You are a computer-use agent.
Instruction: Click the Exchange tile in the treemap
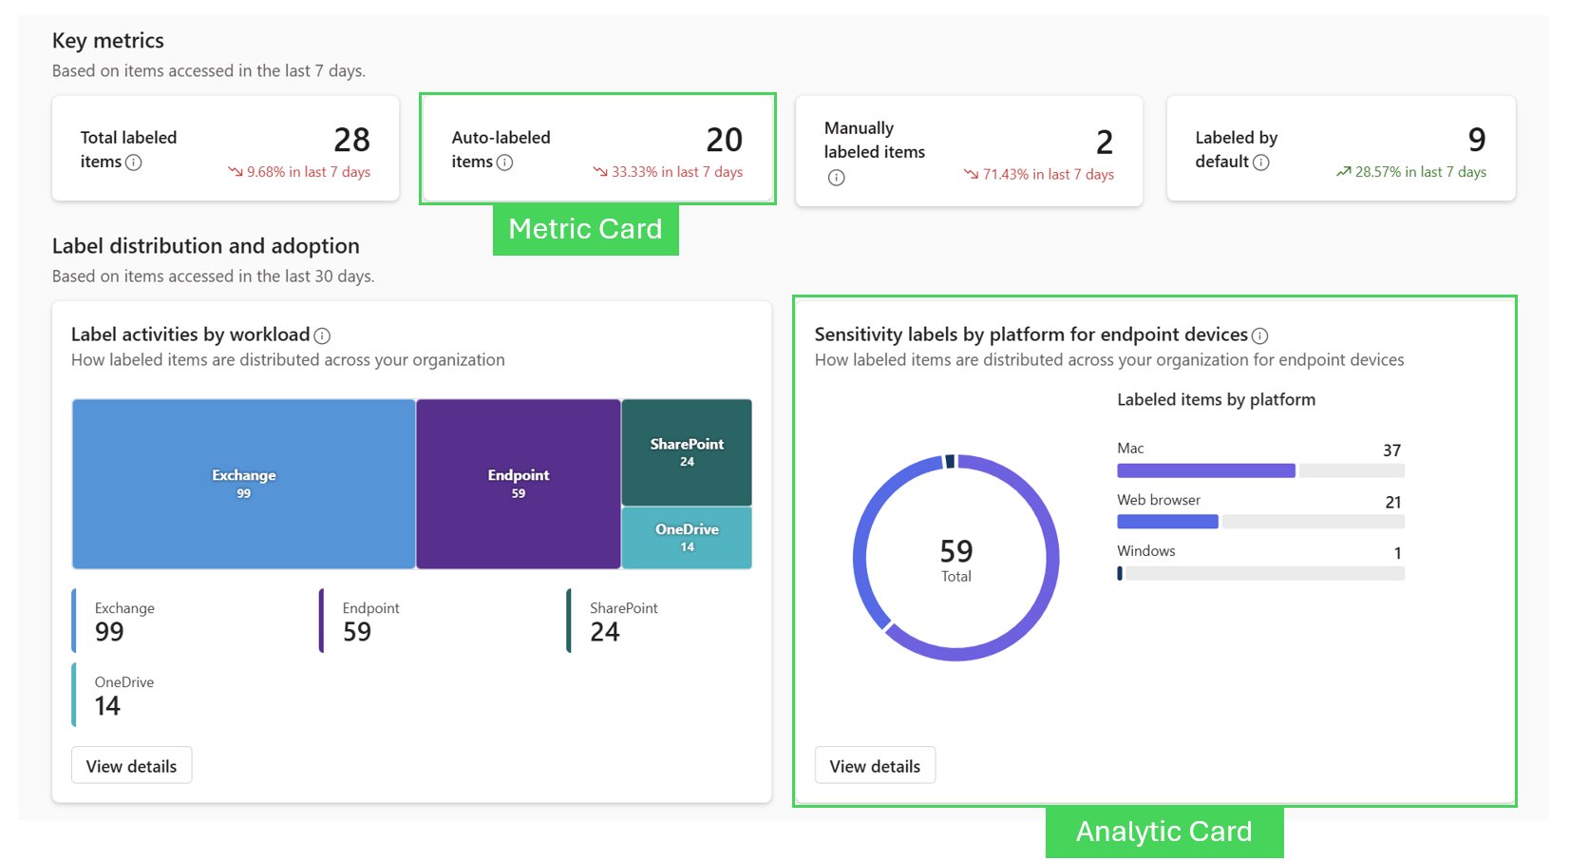tap(243, 483)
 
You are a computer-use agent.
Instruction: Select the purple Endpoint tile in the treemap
tap(518, 483)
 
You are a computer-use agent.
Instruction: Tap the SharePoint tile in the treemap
tap(687, 451)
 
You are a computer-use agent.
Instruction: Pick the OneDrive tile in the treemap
tap(687, 537)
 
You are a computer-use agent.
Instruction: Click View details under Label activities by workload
tap(131, 766)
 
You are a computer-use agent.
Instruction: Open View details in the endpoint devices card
tap(875, 766)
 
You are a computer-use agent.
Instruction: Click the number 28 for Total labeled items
tap(351, 141)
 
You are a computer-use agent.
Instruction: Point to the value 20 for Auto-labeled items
tap(724, 141)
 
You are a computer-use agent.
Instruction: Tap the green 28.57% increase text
tap(1419, 172)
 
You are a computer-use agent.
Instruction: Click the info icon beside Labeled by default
tap(1260, 163)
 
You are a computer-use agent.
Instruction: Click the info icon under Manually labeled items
tap(836, 178)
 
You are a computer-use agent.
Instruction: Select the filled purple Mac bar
tap(1205, 470)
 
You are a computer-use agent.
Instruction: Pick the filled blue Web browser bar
tap(1167, 522)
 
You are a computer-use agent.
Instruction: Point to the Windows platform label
tap(1145, 551)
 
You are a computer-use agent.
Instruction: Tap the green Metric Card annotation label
tap(585, 229)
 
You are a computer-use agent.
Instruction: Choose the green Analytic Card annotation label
tap(1163, 832)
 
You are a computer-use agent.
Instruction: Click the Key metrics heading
tap(108, 41)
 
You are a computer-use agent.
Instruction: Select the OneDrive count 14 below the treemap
tap(107, 706)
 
